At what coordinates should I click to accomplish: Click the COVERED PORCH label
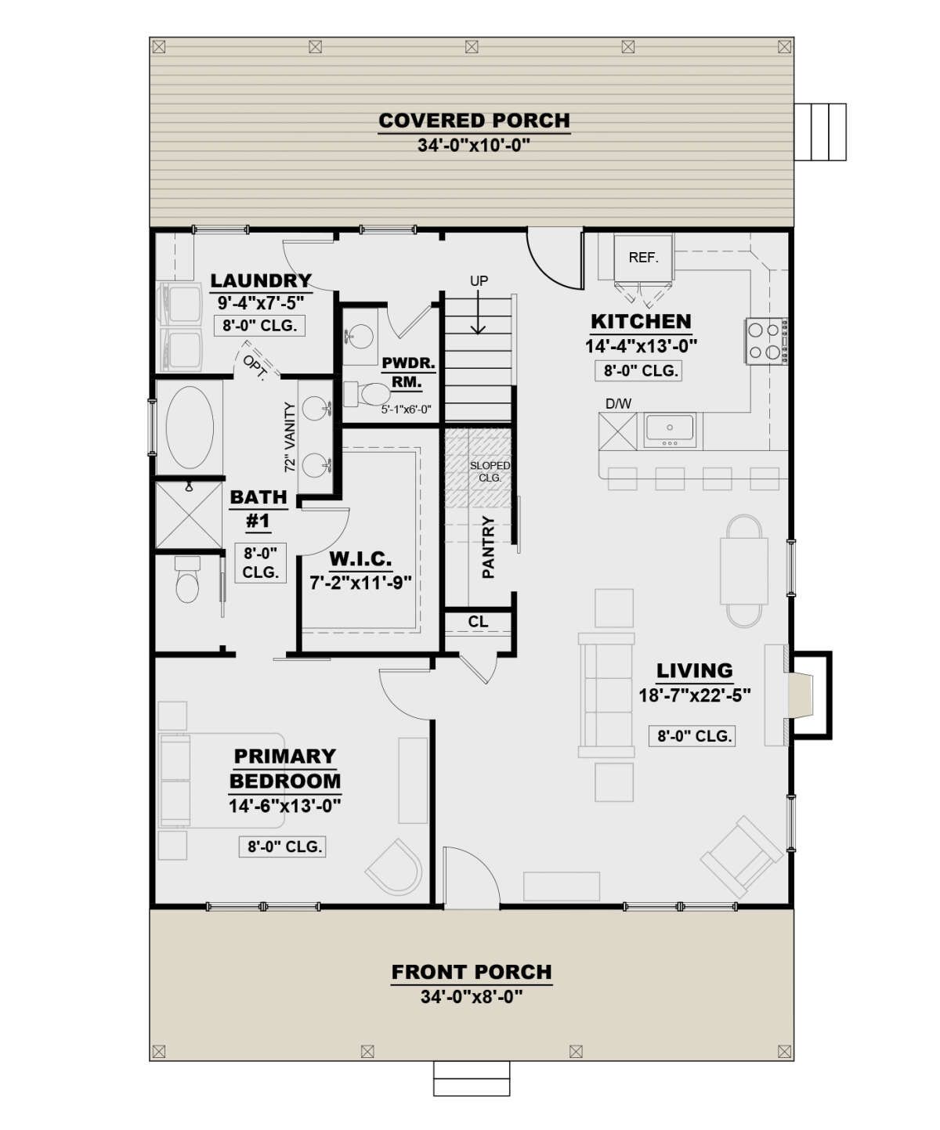pos(474,121)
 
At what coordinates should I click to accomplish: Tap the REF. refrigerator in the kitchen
pos(643,258)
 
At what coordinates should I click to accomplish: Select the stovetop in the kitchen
pos(767,341)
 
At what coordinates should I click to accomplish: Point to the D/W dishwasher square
pos(618,431)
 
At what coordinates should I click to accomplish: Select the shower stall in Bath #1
pos(189,514)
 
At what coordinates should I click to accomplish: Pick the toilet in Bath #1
pos(187,580)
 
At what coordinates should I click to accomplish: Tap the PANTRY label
pos(489,547)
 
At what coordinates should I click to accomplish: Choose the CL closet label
pos(478,621)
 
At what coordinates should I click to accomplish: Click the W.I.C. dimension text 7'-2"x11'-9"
pos(360,583)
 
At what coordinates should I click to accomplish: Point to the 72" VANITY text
pos(291,437)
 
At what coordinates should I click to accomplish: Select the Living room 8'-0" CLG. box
pos(692,736)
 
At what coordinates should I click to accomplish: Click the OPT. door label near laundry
pos(255,367)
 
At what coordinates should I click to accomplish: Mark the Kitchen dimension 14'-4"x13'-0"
pos(641,346)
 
